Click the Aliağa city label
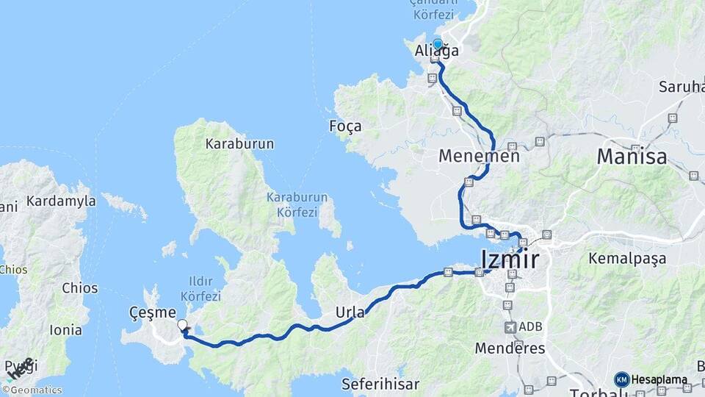click(x=438, y=51)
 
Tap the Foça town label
click(x=345, y=126)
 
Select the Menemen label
click(x=480, y=156)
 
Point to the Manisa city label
click(x=632, y=156)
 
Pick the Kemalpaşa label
click(x=627, y=259)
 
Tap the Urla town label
click(x=350, y=312)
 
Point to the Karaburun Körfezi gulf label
click(x=297, y=204)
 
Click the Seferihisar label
click(x=380, y=384)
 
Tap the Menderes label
click(x=510, y=348)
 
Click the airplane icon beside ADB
click(x=511, y=326)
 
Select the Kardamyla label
click(x=61, y=200)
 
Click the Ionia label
click(x=65, y=330)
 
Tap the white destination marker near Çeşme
click(x=182, y=325)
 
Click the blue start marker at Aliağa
click(x=438, y=44)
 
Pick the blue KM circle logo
click(x=621, y=380)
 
